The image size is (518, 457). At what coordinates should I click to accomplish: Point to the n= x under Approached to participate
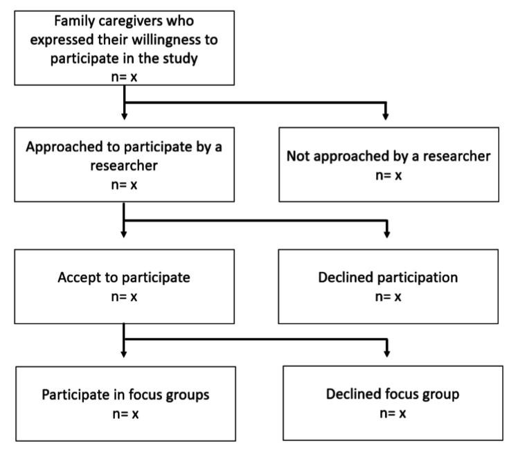(123, 186)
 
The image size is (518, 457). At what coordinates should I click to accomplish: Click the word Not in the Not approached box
(298, 156)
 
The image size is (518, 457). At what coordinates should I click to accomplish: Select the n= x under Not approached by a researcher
(388, 175)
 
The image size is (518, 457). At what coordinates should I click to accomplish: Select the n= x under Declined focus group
(391, 414)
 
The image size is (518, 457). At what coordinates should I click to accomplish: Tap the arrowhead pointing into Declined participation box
(386, 233)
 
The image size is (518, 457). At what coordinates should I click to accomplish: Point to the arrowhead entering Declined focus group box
(386, 352)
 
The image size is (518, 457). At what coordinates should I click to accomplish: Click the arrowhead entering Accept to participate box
(123, 233)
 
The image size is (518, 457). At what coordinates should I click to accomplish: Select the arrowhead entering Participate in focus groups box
(123, 352)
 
